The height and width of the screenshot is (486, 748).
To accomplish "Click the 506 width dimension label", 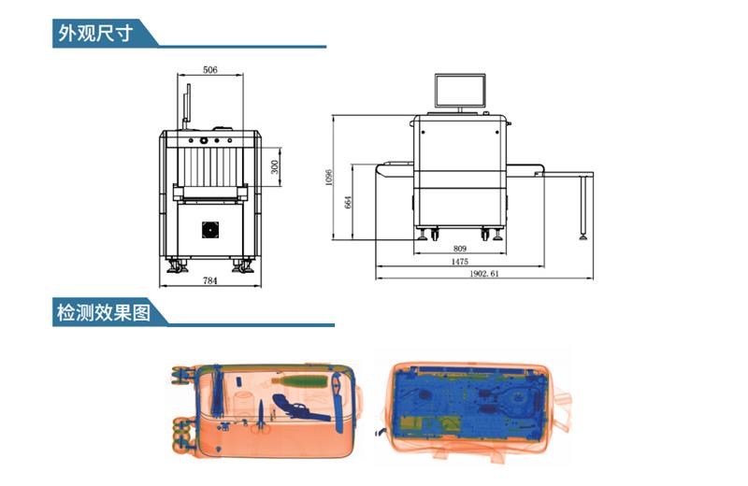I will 210,70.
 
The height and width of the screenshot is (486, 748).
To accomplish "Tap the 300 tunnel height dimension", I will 274,166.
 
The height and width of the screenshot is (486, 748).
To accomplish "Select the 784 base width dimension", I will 210,280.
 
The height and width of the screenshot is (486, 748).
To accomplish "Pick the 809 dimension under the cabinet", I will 460,249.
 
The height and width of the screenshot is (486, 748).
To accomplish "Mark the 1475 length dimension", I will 460,262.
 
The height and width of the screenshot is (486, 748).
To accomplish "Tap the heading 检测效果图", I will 103,312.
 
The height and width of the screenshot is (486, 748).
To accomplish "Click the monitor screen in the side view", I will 460,91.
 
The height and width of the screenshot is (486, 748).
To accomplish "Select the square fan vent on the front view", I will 211,231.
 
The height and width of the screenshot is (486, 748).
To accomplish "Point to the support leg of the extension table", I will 585,206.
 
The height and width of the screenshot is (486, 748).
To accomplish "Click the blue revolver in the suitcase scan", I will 297,405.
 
